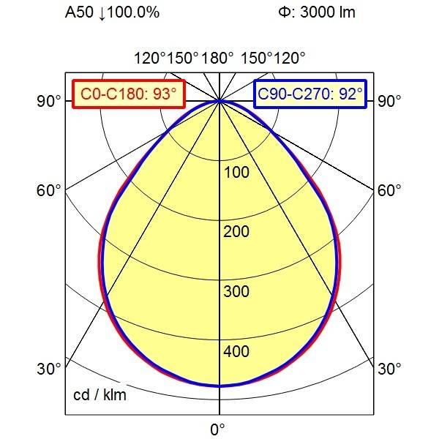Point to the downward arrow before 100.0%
click(x=102, y=13)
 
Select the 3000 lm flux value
click(x=328, y=13)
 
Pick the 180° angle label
click(x=219, y=59)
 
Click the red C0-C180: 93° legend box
click(x=129, y=94)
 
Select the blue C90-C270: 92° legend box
click(x=310, y=94)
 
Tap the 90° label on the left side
click(x=49, y=101)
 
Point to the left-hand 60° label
click(x=49, y=191)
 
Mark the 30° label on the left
click(x=49, y=369)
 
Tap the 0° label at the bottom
click(x=218, y=429)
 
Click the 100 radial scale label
click(x=237, y=173)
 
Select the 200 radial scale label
click(x=237, y=233)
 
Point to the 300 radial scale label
click(x=237, y=293)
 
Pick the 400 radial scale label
click(x=237, y=353)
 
